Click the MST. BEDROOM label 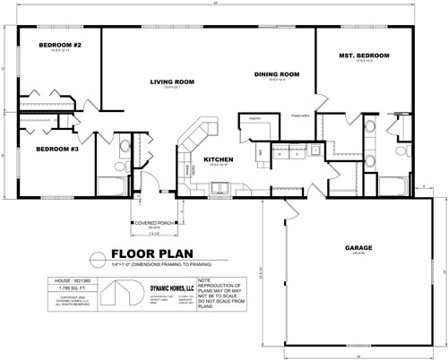tap(364, 56)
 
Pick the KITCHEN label tap(219, 160)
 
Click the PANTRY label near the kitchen tap(254, 116)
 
